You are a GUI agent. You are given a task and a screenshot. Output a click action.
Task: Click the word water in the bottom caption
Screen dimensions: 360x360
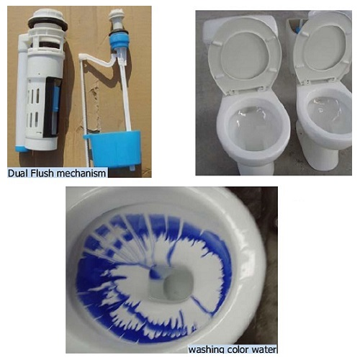(262, 349)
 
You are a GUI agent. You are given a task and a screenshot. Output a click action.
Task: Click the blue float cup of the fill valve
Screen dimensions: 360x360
(113, 148)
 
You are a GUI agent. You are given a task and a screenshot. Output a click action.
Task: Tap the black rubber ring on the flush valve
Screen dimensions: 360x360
(48, 23)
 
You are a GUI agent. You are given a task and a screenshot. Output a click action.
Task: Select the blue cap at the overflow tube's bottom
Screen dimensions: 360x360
(22, 148)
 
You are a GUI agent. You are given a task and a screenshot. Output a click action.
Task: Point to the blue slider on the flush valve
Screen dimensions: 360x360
(56, 99)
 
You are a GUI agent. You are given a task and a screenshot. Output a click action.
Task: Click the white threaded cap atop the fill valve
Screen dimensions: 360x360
(117, 15)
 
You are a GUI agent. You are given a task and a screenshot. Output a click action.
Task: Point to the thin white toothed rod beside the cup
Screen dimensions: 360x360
(85, 113)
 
